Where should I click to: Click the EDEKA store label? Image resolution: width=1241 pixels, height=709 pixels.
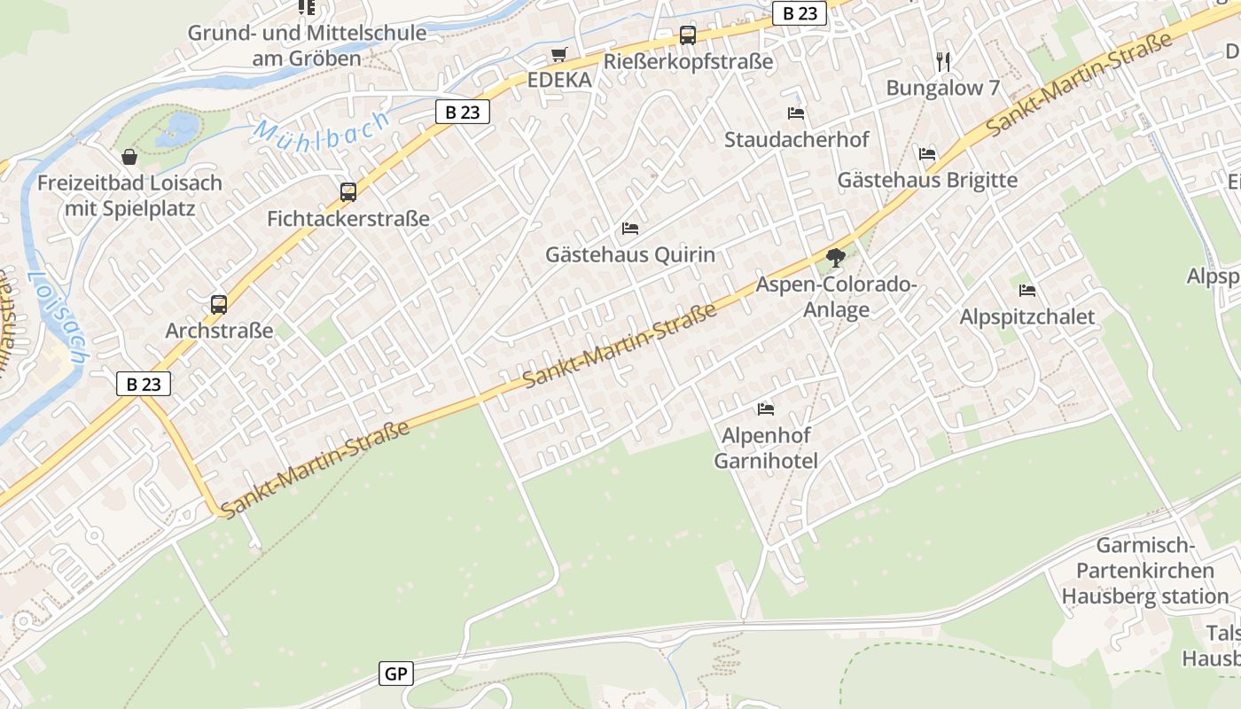558,80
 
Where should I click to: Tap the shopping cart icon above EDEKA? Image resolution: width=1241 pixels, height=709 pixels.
558,55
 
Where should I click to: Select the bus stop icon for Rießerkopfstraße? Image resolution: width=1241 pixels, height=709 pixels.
687,35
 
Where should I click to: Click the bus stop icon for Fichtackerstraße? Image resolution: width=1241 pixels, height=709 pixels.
348,191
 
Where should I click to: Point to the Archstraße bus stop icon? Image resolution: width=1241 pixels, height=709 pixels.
219,304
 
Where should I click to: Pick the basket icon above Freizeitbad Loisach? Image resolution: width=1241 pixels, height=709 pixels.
129,157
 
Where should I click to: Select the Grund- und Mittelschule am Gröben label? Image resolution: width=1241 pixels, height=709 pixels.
307,46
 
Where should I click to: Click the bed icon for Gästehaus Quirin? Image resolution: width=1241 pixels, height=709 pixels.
629,229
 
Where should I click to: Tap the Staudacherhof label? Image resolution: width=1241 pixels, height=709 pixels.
796,139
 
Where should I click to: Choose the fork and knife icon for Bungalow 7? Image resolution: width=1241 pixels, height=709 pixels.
943,61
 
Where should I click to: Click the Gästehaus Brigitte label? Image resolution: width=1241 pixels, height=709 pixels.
927,180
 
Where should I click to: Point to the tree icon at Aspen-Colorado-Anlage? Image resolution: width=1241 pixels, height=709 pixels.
835,258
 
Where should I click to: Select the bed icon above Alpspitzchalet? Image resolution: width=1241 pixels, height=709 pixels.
1027,290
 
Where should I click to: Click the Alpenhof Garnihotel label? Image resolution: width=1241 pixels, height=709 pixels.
766,448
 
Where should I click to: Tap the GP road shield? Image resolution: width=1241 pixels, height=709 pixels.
395,674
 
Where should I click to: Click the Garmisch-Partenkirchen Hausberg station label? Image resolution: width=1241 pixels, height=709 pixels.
1145,571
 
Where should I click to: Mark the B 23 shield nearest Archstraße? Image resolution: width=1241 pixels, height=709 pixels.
144,384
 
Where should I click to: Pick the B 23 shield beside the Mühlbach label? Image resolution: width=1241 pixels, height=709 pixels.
462,112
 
